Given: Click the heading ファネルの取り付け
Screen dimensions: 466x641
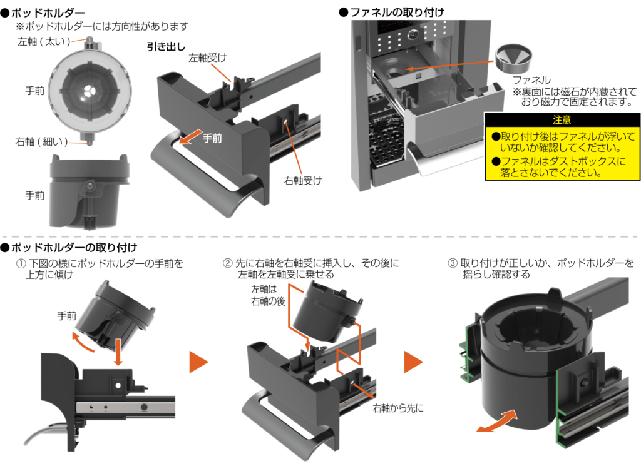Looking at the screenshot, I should click(395, 12).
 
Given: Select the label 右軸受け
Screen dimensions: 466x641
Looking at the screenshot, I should click(303, 181).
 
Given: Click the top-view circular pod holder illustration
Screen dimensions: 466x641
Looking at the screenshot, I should click(89, 91).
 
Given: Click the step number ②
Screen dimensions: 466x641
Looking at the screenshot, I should click(228, 263).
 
